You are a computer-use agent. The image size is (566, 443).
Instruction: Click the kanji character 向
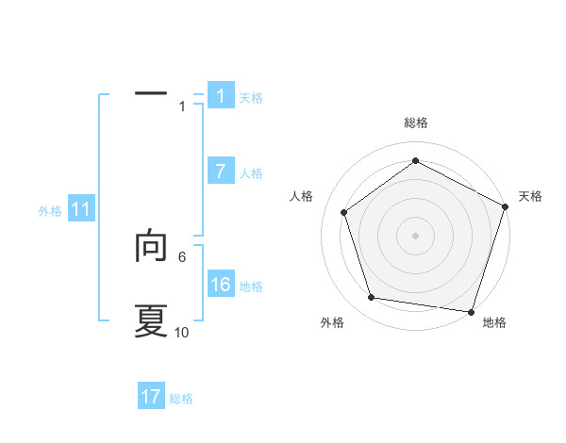point(151,247)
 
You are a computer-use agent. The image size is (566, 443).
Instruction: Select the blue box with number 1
point(221,96)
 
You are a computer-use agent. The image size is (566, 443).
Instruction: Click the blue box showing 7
point(221,172)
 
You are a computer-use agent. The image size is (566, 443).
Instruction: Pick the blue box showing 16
point(221,285)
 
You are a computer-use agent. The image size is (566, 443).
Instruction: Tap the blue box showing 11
point(81,210)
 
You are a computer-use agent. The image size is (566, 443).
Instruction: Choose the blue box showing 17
point(151,397)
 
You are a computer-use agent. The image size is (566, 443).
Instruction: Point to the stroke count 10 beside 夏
point(182,333)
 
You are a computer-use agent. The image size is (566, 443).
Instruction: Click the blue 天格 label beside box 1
point(251,98)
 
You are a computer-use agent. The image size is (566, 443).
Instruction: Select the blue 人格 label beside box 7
point(251,173)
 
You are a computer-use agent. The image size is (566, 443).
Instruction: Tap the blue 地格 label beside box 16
point(251,287)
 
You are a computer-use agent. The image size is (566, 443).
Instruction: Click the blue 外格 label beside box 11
point(50,212)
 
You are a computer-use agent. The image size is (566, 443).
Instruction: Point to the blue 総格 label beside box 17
point(181,399)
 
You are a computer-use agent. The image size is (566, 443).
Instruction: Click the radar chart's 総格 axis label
point(415,123)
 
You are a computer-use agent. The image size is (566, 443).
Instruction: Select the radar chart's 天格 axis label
point(530,196)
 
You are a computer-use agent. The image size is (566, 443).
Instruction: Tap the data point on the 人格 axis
point(344,212)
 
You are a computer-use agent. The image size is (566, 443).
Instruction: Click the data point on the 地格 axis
point(471,311)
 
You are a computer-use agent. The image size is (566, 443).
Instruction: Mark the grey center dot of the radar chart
point(415,235)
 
